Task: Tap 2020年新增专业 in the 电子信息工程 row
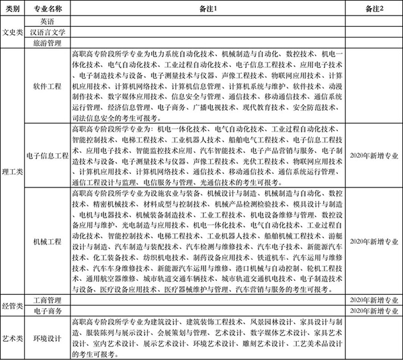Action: click(374, 154)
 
